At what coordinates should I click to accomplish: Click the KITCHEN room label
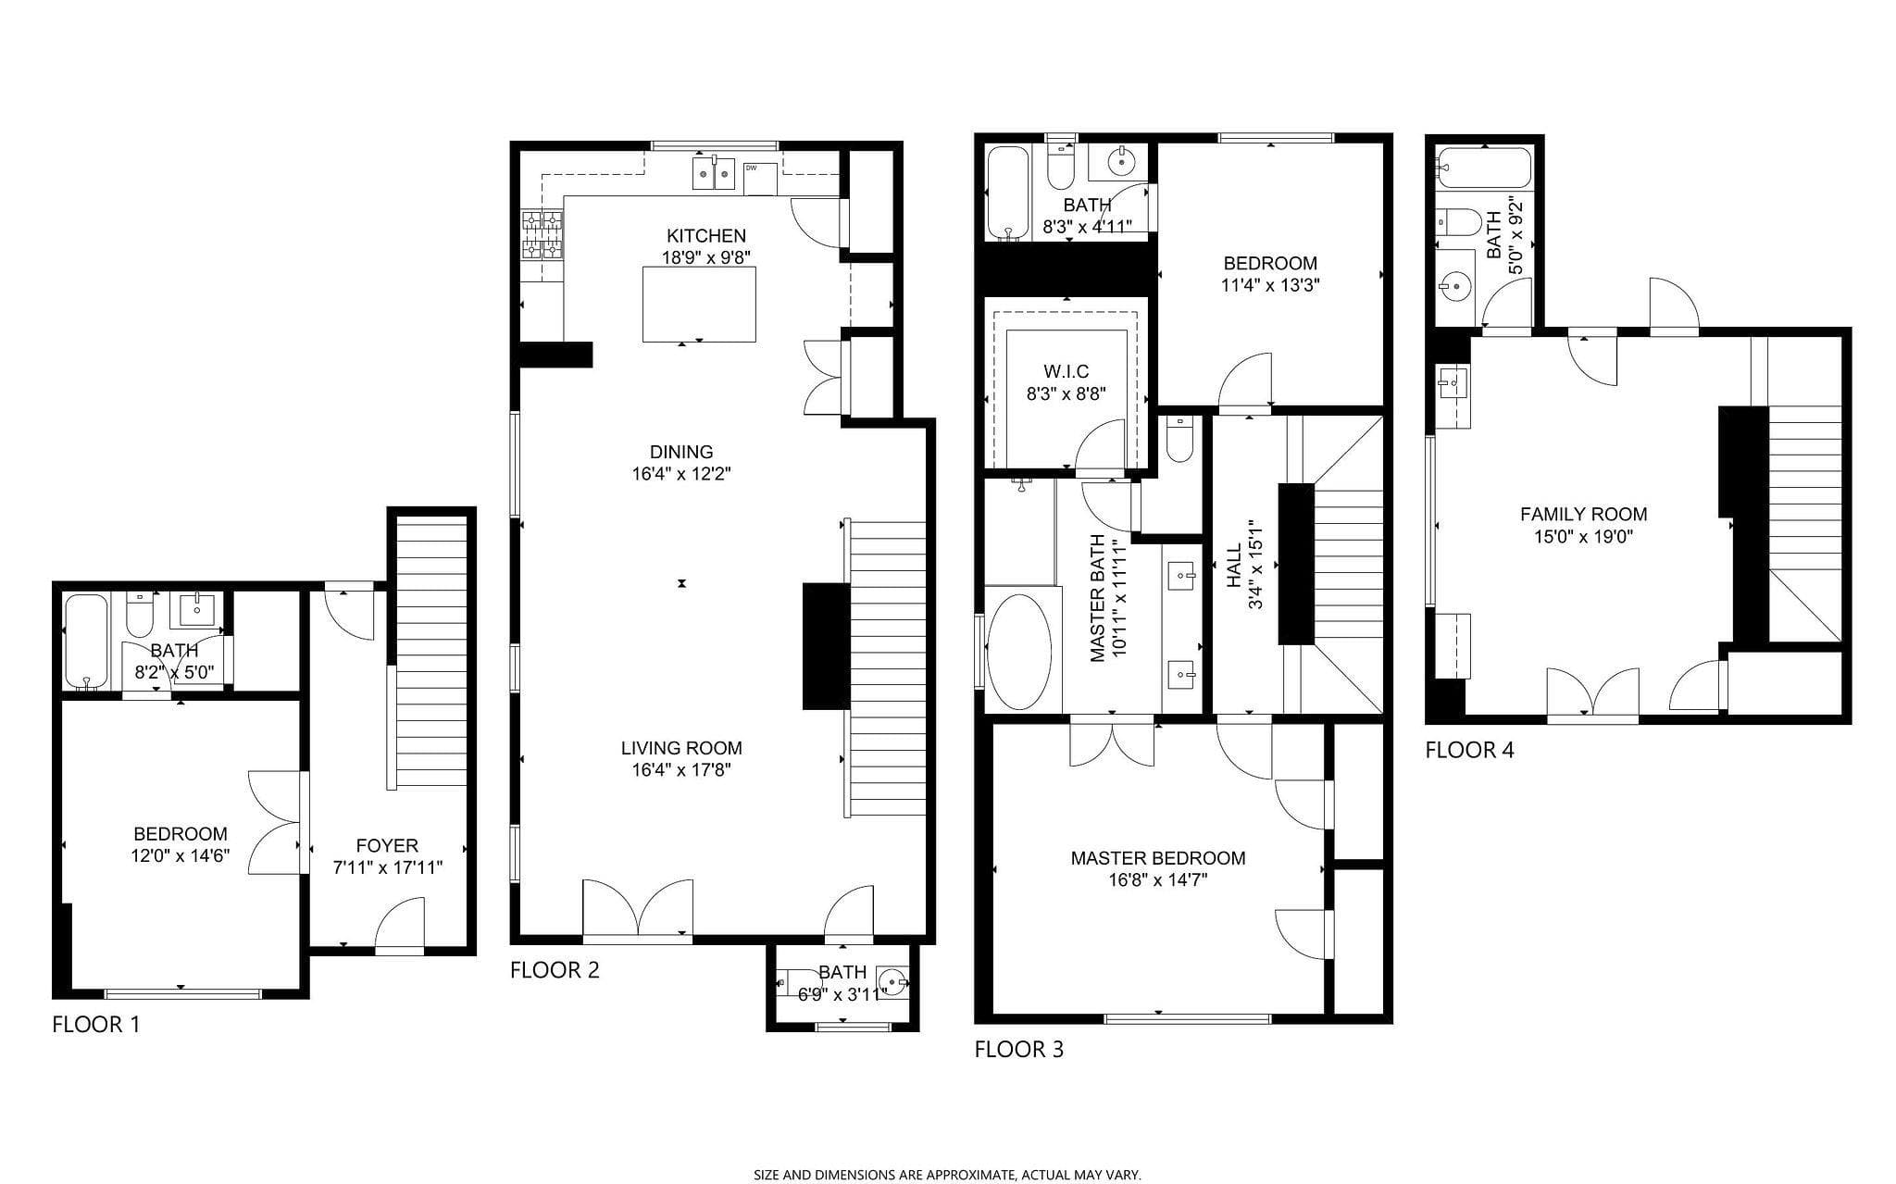(x=705, y=236)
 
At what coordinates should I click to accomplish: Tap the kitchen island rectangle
(x=699, y=304)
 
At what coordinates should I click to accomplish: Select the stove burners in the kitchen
(x=542, y=235)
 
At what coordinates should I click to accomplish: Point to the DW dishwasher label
(x=750, y=168)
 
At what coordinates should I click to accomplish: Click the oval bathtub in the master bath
(x=1019, y=652)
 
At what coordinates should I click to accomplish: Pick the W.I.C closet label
(x=1066, y=371)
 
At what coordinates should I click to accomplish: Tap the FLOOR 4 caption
(x=1469, y=750)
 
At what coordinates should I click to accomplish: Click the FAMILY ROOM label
(x=1583, y=515)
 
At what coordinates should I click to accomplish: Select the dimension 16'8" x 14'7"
(x=1157, y=879)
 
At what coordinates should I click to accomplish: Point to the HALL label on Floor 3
(x=1234, y=566)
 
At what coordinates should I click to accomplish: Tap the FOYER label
(x=387, y=845)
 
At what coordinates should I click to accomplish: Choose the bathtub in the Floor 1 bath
(x=87, y=642)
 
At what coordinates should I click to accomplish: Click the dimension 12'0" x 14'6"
(x=181, y=856)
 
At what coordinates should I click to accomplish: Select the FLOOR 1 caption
(x=95, y=1025)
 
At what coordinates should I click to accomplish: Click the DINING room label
(x=681, y=452)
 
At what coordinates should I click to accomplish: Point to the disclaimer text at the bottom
(x=947, y=1175)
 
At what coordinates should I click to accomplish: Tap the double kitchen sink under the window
(x=714, y=173)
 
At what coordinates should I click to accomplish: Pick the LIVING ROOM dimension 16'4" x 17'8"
(x=681, y=770)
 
